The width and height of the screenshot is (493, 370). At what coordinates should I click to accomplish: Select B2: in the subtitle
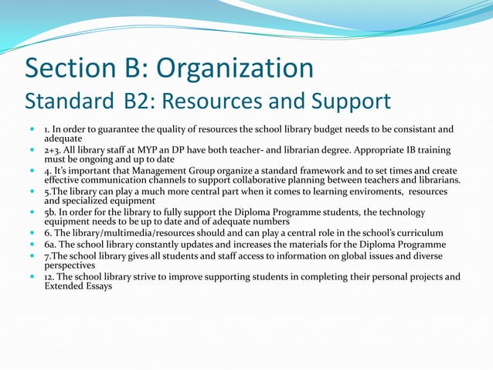(x=147, y=102)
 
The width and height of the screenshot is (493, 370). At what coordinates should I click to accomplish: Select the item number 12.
(x=49, y=276)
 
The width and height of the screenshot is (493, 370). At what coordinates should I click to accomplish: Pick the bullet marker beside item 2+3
(x=32, y=149)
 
